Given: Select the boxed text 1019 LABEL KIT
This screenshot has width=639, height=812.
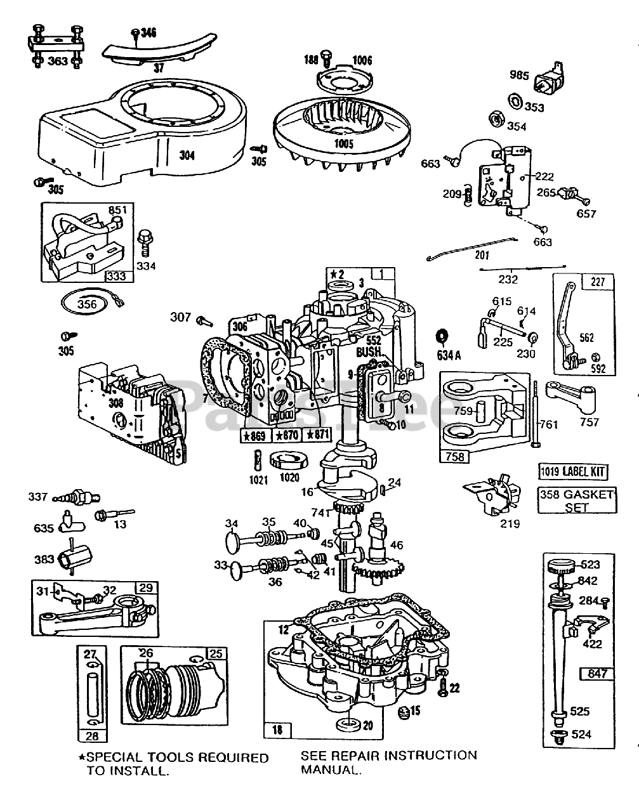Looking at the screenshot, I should [x=573, y=471].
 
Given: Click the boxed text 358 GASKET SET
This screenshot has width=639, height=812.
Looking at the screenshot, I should [x=576, y=501].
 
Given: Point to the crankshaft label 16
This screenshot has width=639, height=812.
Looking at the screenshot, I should [x=307, y=492].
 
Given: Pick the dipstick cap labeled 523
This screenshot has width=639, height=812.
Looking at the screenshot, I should [x=560, y=564].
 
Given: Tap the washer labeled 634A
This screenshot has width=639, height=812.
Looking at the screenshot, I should [x=442, y=336].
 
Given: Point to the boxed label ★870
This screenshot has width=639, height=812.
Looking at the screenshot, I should [x=287, y=435].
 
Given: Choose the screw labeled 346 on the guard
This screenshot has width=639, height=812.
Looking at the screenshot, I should [x=136, y=33].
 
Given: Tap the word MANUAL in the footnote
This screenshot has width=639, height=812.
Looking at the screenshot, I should [x=330, y=770].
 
